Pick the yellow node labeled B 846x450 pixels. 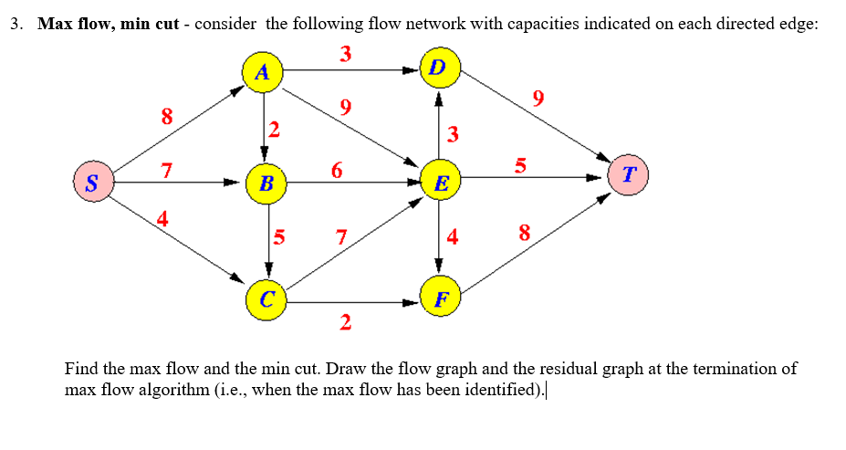[x=266, y=183]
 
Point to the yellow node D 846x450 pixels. [x=438, y=68]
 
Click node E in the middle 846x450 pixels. [x=440, y=183]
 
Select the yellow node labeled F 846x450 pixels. [x=441, y=299]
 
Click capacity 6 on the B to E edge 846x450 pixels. [x=338, y=170]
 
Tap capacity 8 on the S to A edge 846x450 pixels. [x=166, y=116]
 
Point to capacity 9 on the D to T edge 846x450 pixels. [x=538, y=99]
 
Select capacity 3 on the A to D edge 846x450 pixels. [x=345, y=54]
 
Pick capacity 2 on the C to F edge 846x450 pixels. [x=344, y=321]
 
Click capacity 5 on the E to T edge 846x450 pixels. [x=520, y=165]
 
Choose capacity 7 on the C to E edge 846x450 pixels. [x=339, y=238]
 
